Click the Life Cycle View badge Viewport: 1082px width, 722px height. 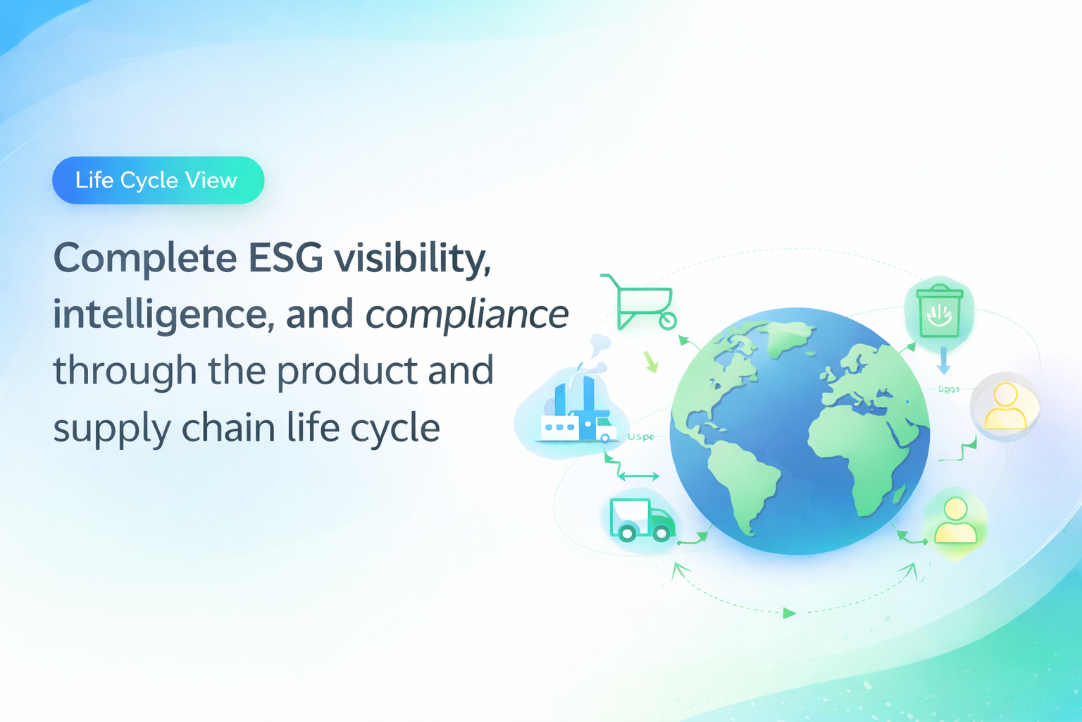158,180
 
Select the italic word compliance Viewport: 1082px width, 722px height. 466,314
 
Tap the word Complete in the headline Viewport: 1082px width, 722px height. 145,259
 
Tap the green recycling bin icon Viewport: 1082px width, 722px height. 939,310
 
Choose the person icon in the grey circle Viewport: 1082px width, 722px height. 1005,406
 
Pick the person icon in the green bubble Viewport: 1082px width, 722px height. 954,522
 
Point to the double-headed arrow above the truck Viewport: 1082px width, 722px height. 638,477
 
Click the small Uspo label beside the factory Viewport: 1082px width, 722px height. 640,437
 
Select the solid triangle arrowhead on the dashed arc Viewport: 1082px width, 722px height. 789,613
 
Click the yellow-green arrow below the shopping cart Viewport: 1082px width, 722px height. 651,362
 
